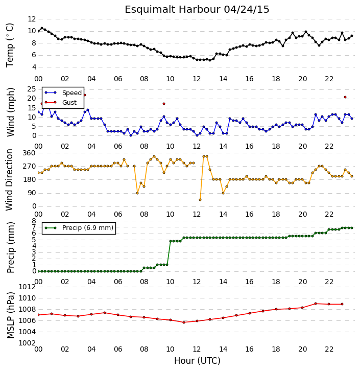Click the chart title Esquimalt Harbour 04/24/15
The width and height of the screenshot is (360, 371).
197,10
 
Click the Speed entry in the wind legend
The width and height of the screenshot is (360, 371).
72,93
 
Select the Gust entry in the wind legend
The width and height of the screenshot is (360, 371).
69,102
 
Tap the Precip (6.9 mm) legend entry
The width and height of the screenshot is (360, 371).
88,228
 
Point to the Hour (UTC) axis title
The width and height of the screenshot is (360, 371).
197,361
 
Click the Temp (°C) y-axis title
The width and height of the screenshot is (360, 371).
10,45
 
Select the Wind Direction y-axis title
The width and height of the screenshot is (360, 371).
10,180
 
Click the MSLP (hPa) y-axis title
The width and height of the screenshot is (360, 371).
10,315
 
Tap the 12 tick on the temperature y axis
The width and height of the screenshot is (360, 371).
32,19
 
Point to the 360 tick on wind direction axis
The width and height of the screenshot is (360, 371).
29,153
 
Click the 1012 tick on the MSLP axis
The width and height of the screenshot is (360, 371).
27,287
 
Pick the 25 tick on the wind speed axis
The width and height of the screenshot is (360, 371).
32,89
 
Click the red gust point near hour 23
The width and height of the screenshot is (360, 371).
345,97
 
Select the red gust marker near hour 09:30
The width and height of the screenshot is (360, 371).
164,104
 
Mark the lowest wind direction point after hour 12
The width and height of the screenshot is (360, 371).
200,200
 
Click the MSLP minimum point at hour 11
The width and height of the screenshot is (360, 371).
184,322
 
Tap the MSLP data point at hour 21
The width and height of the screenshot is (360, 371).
316,304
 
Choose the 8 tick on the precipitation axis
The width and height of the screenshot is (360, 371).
34,221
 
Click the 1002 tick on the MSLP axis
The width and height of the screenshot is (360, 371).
27,343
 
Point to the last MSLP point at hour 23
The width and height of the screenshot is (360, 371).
342,304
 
